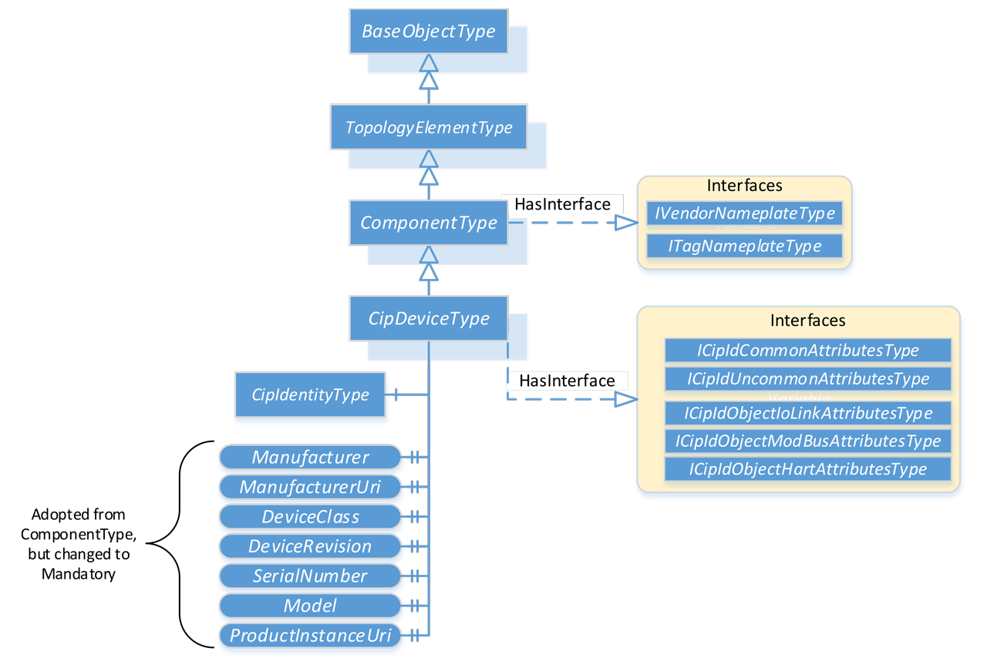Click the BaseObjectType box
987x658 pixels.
click(x=429, y=32)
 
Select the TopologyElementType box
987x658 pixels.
click(x=429, y=127)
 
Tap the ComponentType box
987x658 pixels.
click(x=429, y=223)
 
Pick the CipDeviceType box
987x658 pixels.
click(x=429, y=318)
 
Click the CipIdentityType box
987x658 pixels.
click(x=310, y=394)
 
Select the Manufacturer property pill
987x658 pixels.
click(x=310, y=457)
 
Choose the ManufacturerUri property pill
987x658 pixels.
click(x=310, y=487)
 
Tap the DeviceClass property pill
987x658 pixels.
click(x=310, y=516)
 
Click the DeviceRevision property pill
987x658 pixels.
click(x=310, y=546)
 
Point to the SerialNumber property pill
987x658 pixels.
click(x=310, y=576)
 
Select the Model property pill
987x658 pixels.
click(x=310, y=606)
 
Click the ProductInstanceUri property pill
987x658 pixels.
click(x=310, y=636)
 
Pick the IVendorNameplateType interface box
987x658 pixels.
click(x=744, y=213)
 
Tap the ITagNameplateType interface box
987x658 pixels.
click(x=744, y=246)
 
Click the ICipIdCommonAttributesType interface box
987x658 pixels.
click(x=808, y=351)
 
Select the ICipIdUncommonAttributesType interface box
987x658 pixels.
click(x=808, y=378)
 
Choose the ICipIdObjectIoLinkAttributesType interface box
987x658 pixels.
click(x=808, y=413)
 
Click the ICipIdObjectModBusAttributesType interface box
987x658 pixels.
click(x=808, y=441)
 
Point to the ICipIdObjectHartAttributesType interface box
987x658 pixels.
click(x=808, y=468)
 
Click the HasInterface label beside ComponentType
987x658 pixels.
click(x=562, y=204)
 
